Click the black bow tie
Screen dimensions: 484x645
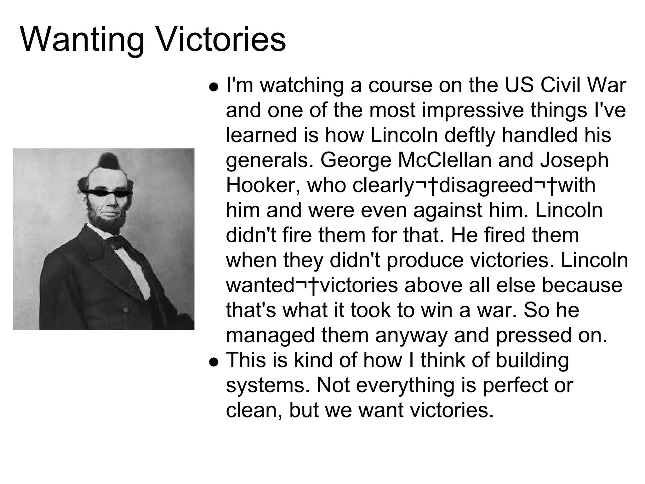tap(115, 242)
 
